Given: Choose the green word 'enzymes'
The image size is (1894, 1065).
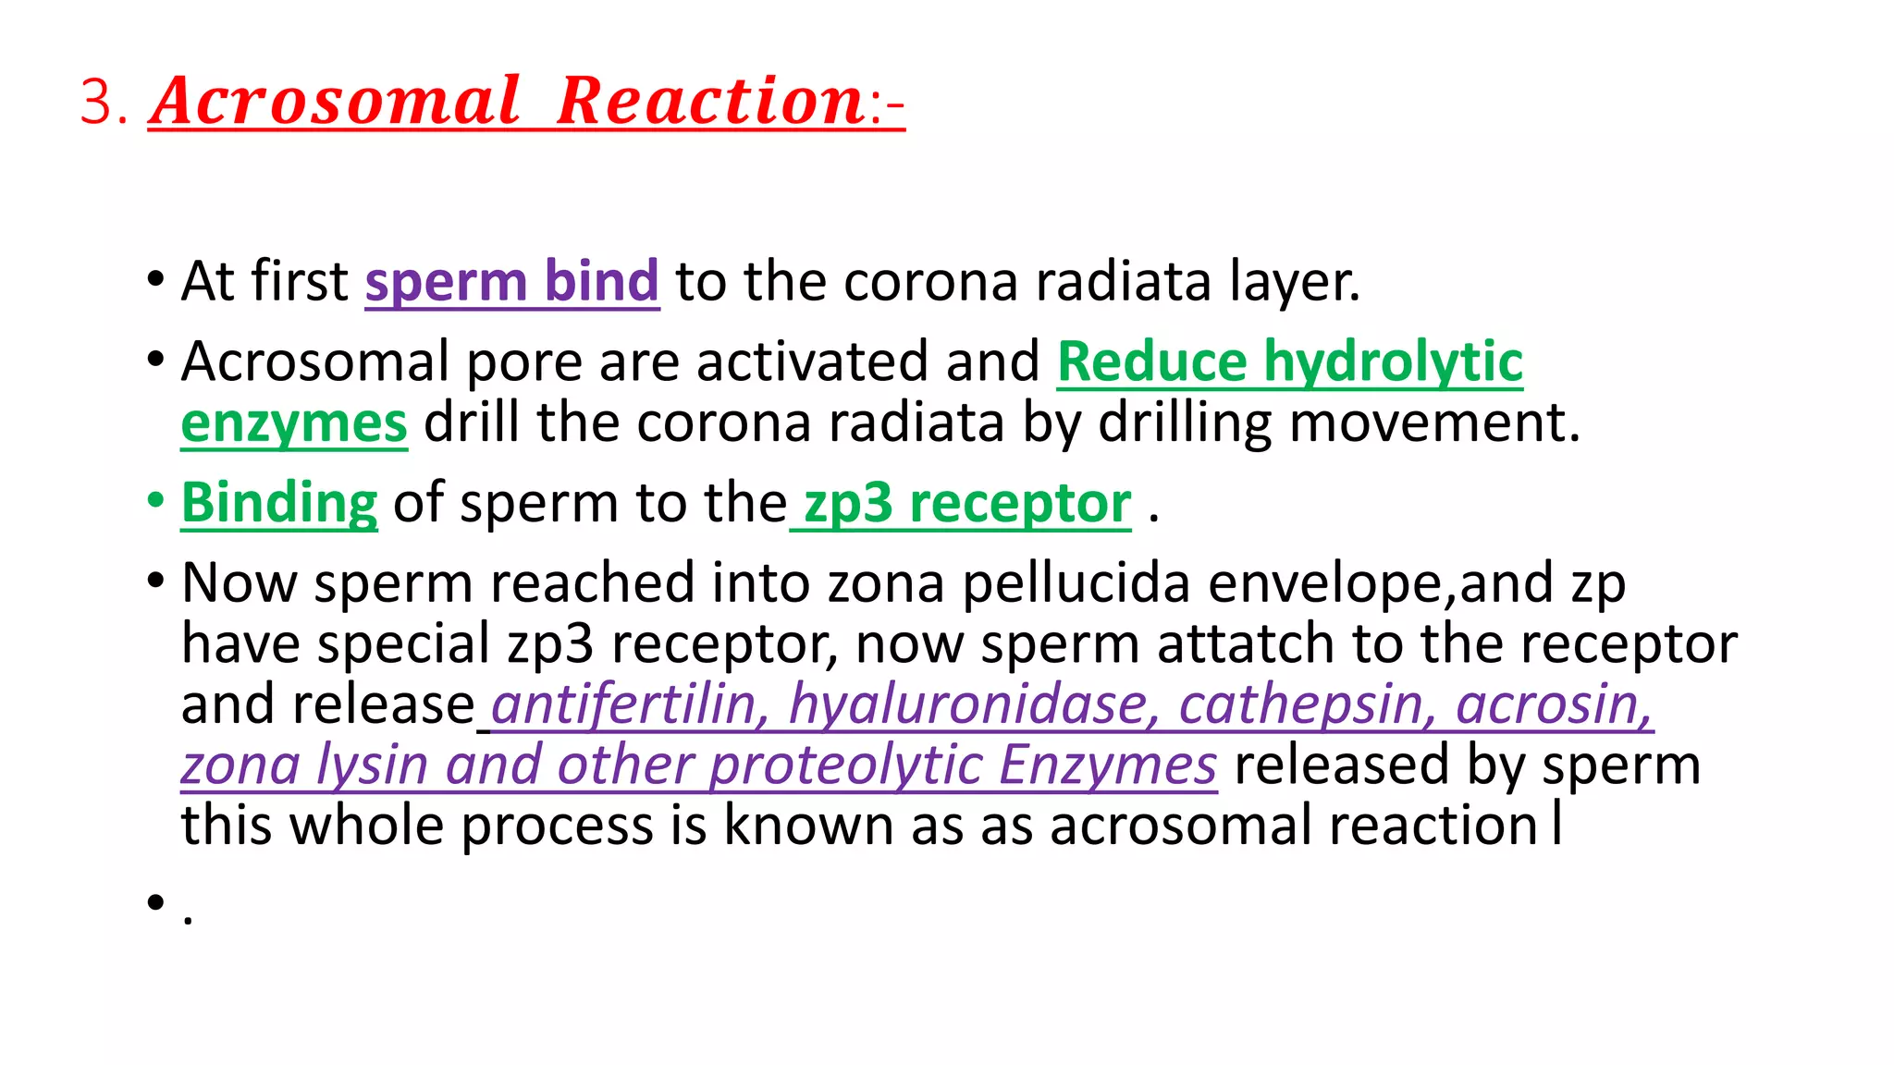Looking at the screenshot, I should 293,422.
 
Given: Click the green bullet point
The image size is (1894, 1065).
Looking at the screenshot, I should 155,500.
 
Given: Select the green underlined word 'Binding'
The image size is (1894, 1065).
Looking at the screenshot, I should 279,503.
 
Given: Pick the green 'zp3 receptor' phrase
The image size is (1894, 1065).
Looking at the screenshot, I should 966,503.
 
